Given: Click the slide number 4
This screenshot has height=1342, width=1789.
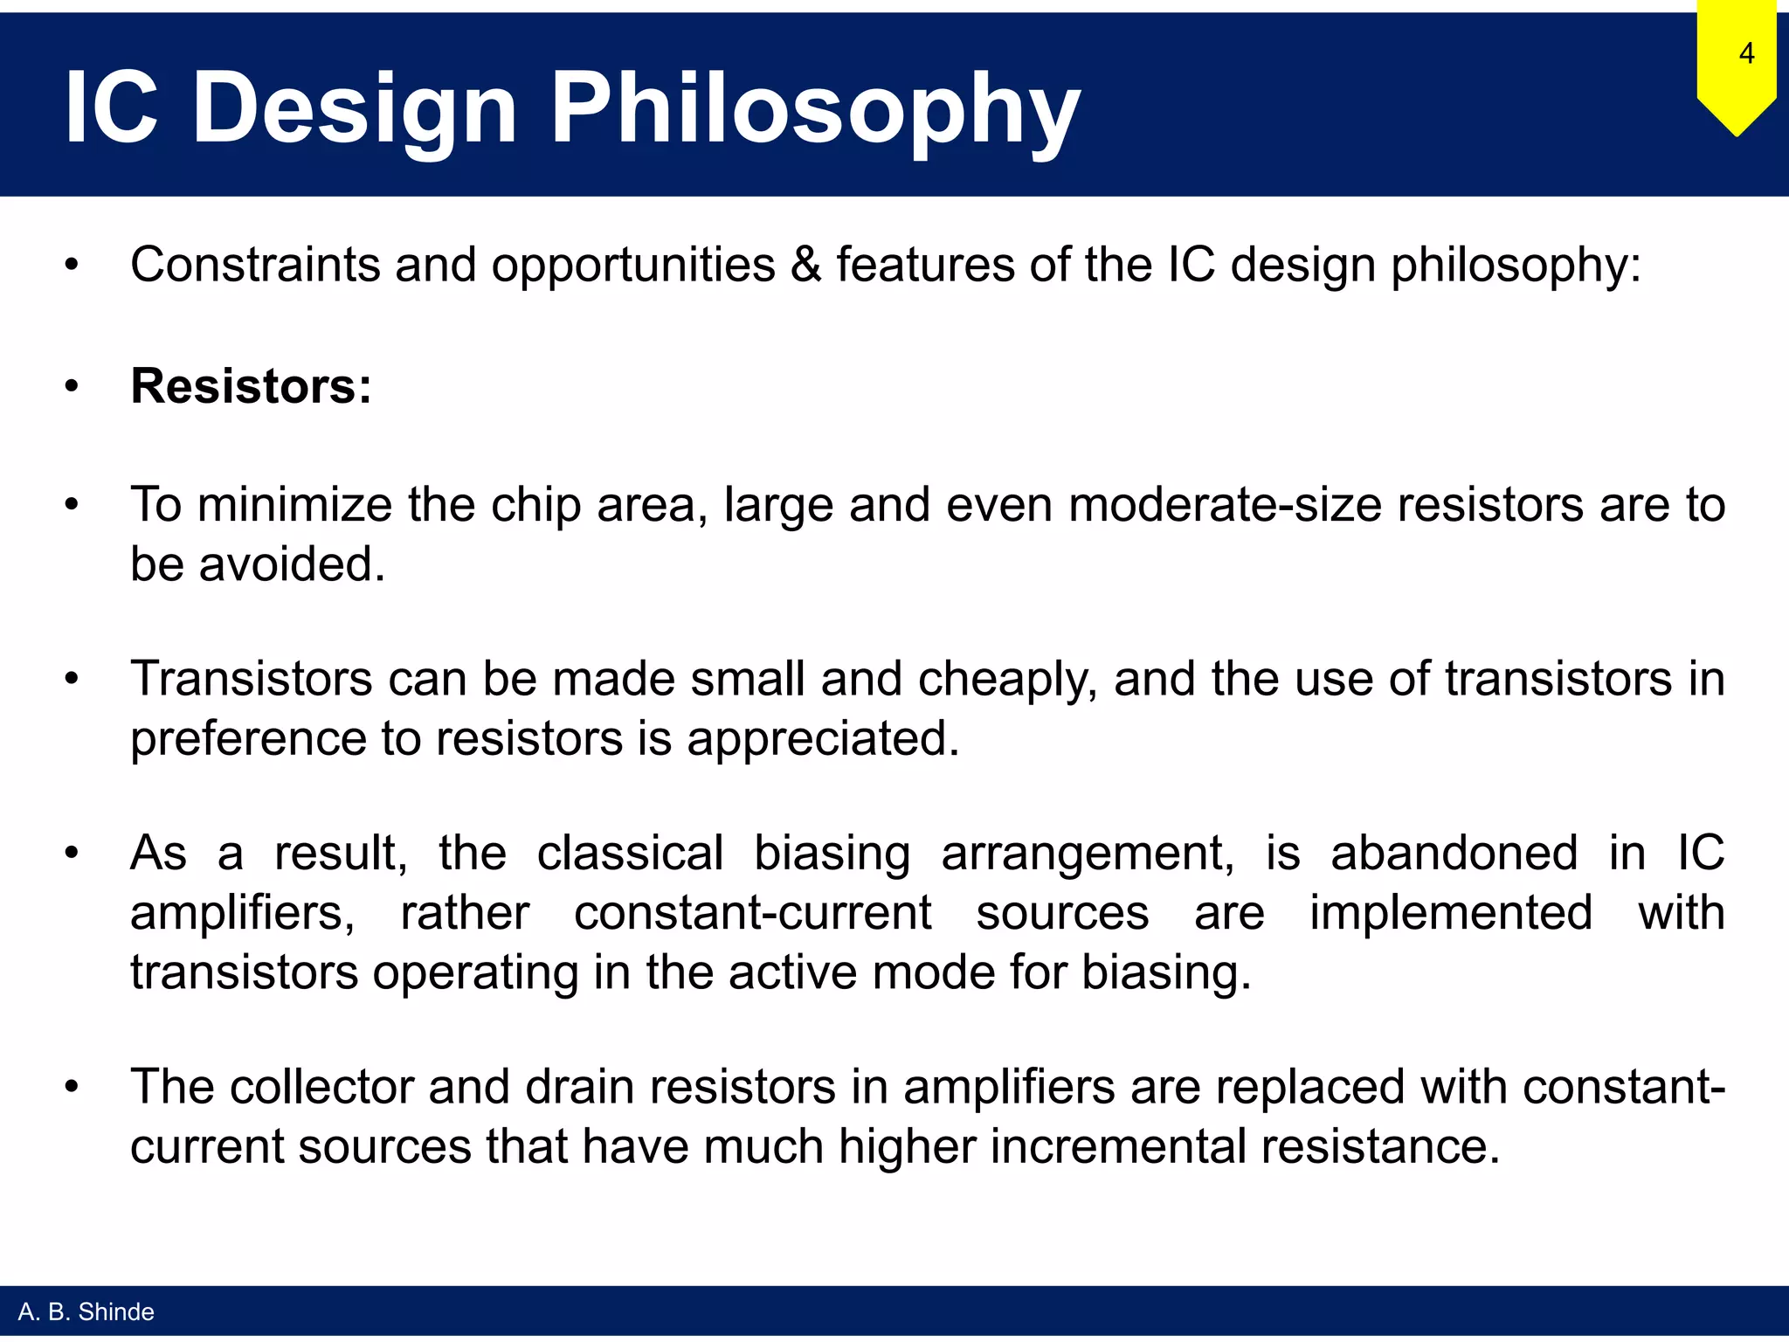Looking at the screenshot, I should click(x=1745, y=54).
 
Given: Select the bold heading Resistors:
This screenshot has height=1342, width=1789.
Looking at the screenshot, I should click(x=251, y=385).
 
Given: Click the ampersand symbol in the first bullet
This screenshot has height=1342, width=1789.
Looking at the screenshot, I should click(x=805, y=265).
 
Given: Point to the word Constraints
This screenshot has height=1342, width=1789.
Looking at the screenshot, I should click(x=255, y=265).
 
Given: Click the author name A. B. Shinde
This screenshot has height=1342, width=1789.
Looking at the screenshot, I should click(x=86, y=1311).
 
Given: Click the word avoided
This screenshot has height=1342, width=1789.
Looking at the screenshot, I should click(x=292, y=564).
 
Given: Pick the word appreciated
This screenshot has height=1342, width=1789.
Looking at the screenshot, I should click(x=823, y=738).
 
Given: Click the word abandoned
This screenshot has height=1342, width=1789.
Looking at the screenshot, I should click(x=1454, y=853).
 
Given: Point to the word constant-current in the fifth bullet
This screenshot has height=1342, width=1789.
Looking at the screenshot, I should click(x=752, y=913).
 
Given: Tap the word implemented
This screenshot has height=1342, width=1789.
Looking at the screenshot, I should click(x=1450, y=913).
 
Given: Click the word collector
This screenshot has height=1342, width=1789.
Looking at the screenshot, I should click(x=321, y=1087).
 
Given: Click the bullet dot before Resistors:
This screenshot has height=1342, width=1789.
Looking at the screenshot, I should click(x=72, y=385).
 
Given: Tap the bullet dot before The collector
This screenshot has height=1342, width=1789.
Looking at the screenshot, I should click(x=72, y=1087).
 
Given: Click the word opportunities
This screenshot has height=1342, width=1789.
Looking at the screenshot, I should click(x=632, y=265).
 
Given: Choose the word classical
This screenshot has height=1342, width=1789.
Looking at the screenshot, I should click(x=629, y=853).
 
